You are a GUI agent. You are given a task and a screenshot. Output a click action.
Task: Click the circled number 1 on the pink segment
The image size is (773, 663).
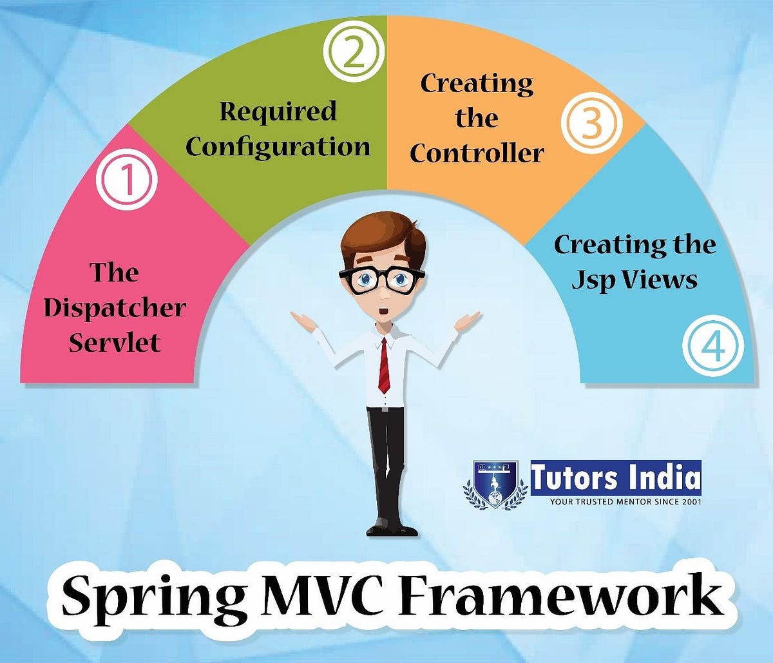tap(127, 180)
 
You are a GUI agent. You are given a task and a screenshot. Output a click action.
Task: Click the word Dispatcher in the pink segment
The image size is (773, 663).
tap(115, 307)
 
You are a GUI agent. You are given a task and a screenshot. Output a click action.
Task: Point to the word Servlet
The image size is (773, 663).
tap(115, 341)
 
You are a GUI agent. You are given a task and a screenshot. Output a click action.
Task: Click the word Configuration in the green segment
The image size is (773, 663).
tap(278, 146)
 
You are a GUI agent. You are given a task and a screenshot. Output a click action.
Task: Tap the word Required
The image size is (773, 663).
tap(278, 111)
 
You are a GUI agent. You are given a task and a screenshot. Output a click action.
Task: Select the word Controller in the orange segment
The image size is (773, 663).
tap(477, 153)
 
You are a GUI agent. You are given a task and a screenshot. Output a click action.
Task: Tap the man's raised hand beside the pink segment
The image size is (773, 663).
tap(303, 320)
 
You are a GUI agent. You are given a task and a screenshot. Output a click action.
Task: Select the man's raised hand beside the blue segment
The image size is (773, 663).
tap(467, 320)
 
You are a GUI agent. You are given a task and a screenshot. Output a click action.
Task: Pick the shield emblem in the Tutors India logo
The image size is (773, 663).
tap(495, 484)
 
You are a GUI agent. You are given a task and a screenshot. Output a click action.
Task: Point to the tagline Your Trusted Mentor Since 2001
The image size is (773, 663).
tap(625, 501)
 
